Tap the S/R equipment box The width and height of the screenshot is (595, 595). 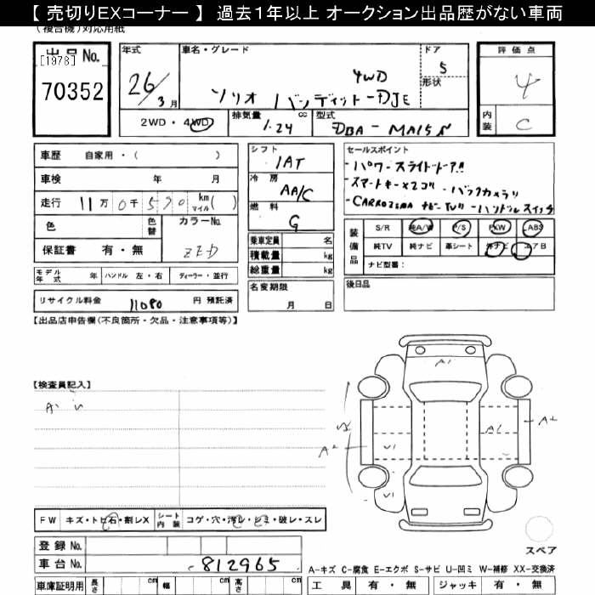point(382,228)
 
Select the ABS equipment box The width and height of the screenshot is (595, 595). point(534,228)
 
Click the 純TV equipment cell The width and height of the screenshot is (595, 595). point(382,246)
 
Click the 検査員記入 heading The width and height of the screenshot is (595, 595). point(61,385)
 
